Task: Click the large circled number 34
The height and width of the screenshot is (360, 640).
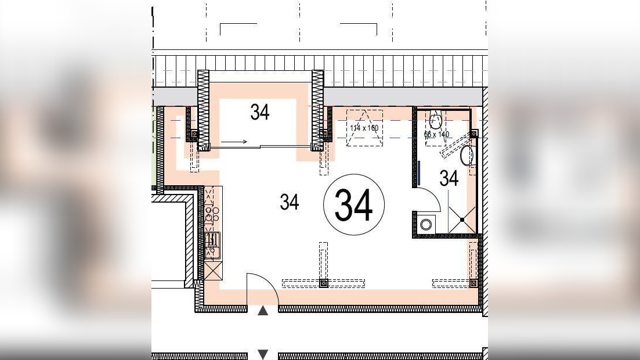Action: [x=353, y=205]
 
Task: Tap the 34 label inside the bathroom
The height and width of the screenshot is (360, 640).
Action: [x=449, y=178]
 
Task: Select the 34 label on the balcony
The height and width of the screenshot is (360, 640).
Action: [x=260, y=112]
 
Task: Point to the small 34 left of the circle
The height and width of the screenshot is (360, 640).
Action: [x=289, y=202]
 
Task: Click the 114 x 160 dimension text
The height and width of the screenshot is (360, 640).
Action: [x=364, y=127]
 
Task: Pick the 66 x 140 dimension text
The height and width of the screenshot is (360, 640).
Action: [x=437, y=134]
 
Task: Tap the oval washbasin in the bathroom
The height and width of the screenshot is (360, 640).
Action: [x=467, y=156]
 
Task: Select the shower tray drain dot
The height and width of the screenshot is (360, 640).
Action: [x=462, y=219]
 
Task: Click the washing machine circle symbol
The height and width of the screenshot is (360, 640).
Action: [x=426, y=224]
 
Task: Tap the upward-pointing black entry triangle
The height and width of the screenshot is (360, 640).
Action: [x=263, y=311]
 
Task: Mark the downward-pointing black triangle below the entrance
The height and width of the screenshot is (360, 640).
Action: [x=263, y=354]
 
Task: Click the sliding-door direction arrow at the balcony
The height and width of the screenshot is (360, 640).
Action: [x=234, y=141]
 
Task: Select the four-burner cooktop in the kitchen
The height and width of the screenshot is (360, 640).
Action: [x=212, y=215]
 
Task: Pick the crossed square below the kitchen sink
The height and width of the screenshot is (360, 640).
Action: [x=212, y=270]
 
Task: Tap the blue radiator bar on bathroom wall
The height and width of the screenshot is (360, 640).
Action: [x=418, y=172]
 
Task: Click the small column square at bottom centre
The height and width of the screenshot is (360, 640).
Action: [x=324, y=283]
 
